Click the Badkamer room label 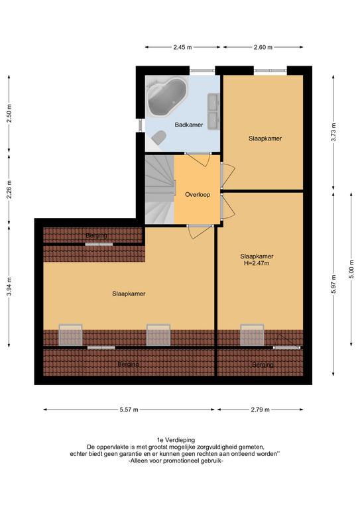tap(188, 125)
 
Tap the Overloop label tap(198, 195)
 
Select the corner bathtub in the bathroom tap(167, 96)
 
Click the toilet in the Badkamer tap(159, 137)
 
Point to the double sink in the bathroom tap(213, 111)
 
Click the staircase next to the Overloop tap(160, 190)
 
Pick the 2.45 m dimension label tap(182, 48)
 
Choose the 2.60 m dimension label tap(263, 48)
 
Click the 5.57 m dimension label tap(129, 410)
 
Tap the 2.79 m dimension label tap(260, 410)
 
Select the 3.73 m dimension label tap(333, 132)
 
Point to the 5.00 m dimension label tap(351, 269)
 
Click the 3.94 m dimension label tap(9, 286)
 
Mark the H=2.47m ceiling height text tap(257, 263)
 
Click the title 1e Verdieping tap(176, 440)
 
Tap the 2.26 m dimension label tap(9, 190)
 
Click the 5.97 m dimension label tap(333, 284)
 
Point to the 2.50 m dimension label tap(9, 113)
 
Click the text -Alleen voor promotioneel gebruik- tap(176, 461)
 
